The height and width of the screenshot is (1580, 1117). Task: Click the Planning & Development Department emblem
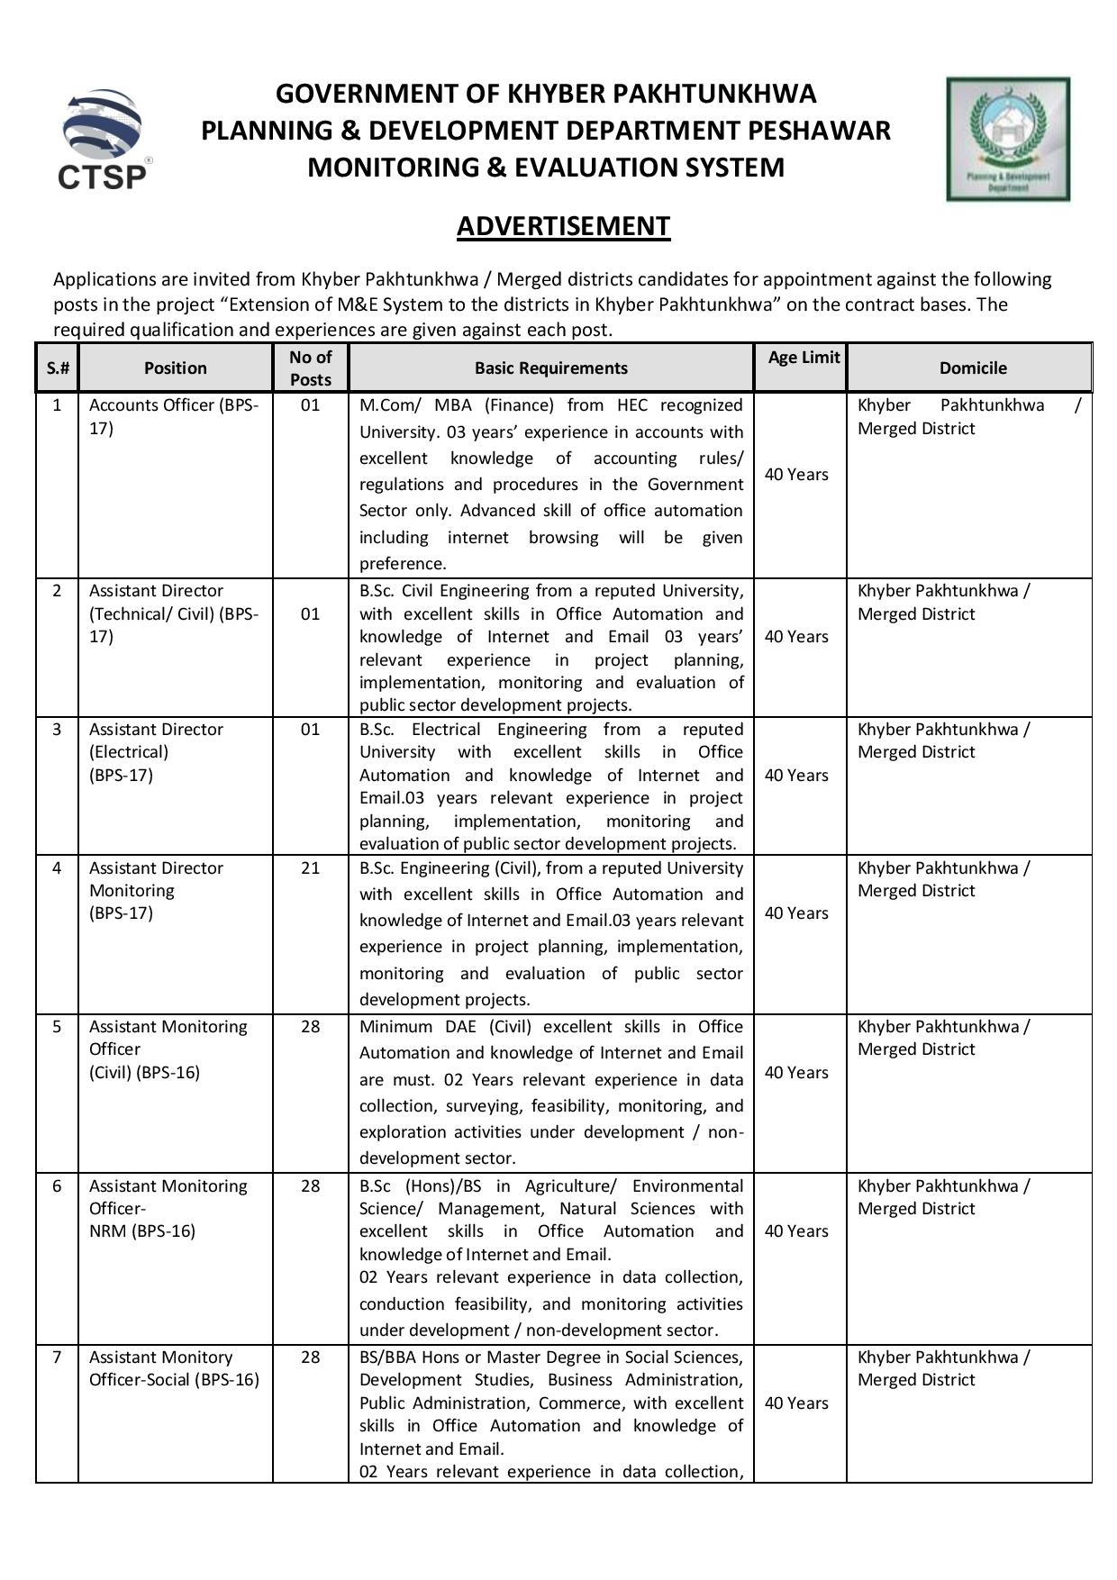(1008, 139)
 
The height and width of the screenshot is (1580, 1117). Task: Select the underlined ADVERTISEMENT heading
(563, 225)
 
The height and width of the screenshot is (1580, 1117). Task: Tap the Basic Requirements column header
(550, 368)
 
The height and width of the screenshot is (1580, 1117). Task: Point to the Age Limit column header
(804, 358)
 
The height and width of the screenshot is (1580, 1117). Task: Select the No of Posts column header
(310, 368)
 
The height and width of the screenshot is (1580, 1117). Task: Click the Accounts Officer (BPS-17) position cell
(173, 416)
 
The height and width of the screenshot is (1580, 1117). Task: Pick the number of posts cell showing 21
(310, 867)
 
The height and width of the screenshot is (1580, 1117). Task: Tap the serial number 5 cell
(57, 1026)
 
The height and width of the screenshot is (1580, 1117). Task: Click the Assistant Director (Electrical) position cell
(155, 751)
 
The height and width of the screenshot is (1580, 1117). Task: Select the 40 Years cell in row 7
(796, 1403)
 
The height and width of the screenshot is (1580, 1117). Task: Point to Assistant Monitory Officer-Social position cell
(173, 1368)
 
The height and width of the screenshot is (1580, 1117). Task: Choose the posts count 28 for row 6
(310, 1185)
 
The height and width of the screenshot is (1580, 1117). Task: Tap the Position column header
(175, 368)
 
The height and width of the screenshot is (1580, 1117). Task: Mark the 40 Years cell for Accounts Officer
(796, 475)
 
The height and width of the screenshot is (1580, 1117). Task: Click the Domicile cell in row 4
(942, 879)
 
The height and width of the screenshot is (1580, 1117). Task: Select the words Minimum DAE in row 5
(418, 1026)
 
